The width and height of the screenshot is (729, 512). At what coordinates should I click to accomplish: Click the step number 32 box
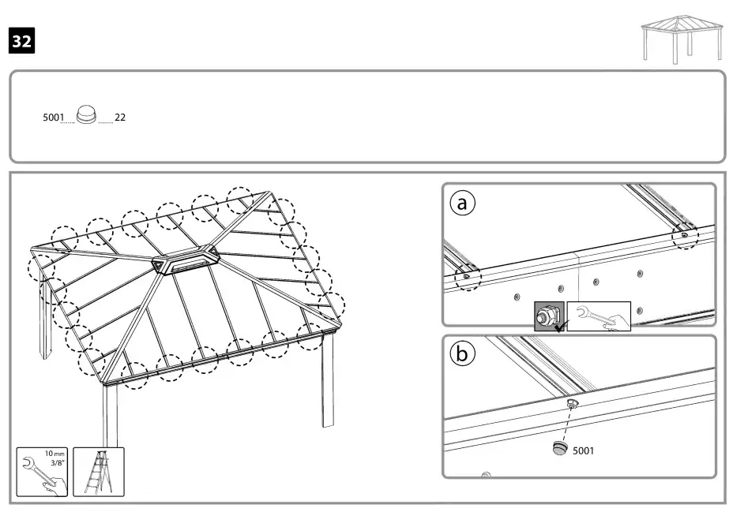pos(21,40)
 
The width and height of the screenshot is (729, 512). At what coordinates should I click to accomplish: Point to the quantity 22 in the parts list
pos(120,118)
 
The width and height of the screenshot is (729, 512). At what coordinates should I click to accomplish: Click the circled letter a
pos(464,204)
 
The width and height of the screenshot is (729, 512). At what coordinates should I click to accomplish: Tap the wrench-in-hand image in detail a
pos(599,316)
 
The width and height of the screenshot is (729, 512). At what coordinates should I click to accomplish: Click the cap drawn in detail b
pos(559,449)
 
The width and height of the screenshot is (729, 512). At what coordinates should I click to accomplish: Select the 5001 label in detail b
pos(583,451)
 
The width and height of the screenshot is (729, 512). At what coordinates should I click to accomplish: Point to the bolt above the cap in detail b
pos(573,404)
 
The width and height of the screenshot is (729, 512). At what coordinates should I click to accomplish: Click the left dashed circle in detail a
pos(467,276)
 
